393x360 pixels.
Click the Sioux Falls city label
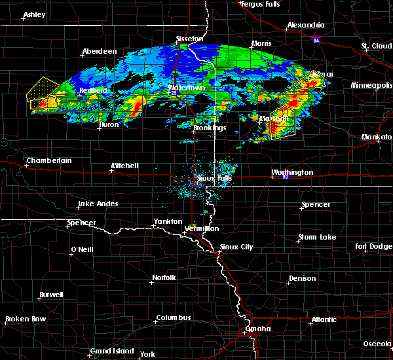point(214,177)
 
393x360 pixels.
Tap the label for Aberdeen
point(99,52)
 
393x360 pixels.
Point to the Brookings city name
point(210,128)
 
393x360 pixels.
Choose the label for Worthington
point(293,173)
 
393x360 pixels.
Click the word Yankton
point(168,221)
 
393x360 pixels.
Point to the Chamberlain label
point(48,160)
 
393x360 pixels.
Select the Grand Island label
point(112,351)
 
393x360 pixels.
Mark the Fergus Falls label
point(261,5)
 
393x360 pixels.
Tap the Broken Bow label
point(26,319)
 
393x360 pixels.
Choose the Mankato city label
point(376,137)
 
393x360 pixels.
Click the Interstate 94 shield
point(316,41)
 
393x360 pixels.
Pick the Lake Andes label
point(98,204)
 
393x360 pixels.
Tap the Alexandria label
point(305,26)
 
